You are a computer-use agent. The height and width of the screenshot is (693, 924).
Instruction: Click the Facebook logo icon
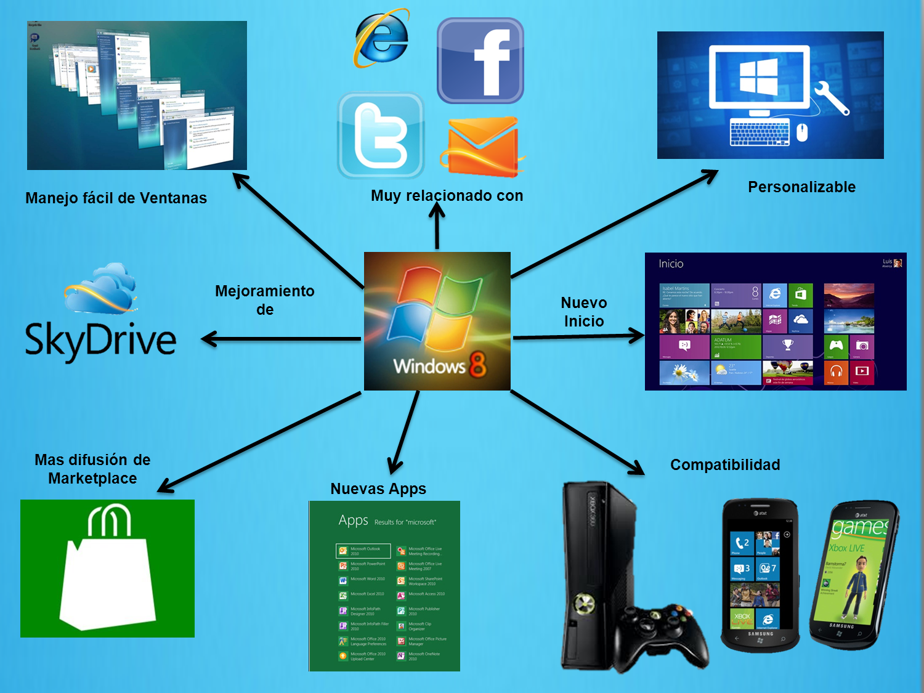tap(480, 60)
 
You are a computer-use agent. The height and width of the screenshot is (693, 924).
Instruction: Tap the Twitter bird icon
tap(381, 136)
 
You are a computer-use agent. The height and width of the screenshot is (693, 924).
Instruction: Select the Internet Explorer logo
tap(382, 38)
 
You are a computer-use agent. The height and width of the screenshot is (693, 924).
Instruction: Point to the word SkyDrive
tap(100, 339)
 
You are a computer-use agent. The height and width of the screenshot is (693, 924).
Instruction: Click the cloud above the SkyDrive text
tap(102, 288)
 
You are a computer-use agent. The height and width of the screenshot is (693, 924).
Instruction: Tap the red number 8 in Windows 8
tap(478, 364)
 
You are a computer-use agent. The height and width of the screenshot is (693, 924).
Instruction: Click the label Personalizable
tap(801, 187)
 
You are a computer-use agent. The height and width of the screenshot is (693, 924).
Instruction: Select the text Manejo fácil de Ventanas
tap(116, 198)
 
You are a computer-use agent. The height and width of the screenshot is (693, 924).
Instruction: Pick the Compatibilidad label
tap(725, 465)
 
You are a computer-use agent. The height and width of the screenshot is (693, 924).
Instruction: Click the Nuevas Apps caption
tap(378, 489)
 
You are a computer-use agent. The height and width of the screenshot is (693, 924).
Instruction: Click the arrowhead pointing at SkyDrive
tap(210, 339)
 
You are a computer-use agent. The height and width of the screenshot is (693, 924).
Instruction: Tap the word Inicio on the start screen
tap(671, 264)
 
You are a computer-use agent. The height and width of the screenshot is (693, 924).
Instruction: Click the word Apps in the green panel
tap(354, 521)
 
